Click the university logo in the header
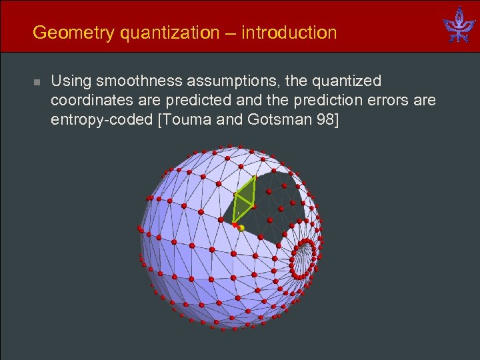point(459,26)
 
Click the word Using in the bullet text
point(71,82)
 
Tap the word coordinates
point(93,101)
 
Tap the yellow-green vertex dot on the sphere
point(241,228)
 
